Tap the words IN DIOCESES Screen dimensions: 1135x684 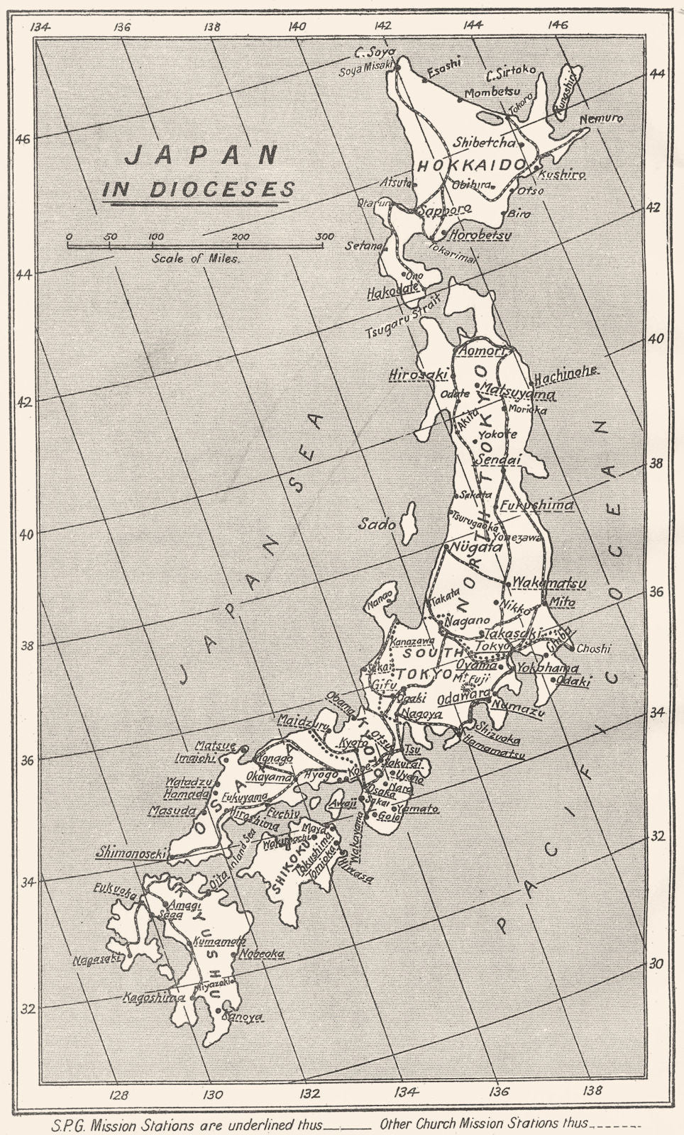coord(198,189)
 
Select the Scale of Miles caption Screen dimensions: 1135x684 coord(196,258)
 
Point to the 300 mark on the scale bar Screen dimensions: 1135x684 coord(324,237)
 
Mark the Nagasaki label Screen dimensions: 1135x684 coord(97,957)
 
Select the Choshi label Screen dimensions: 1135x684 coord(592,648)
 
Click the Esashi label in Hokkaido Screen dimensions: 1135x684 coord(443,64)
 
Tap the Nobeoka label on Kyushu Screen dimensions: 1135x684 coord(262,953)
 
